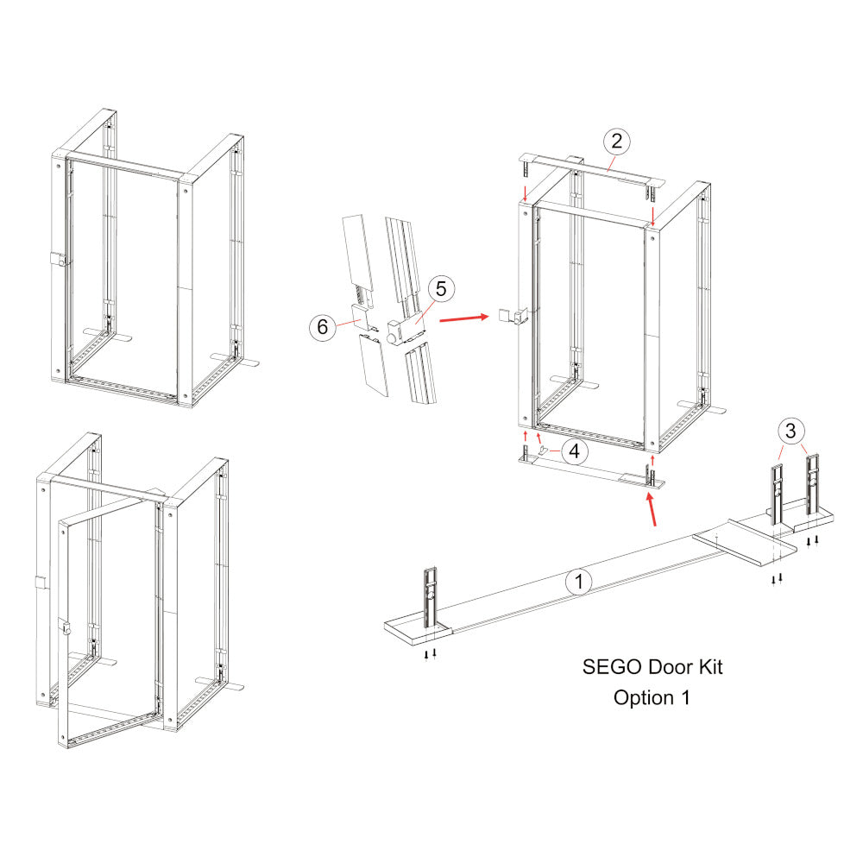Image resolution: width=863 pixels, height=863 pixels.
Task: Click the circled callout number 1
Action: click(x=579, y=583)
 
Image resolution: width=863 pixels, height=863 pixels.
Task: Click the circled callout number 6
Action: click(x=322, y=327)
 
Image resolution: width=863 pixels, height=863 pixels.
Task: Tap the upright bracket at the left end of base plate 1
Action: click(x=431, y=597)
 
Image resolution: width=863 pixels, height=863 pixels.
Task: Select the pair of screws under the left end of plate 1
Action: click(x=430, y=653)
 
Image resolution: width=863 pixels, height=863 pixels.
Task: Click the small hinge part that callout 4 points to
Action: click(x=542, y=452)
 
